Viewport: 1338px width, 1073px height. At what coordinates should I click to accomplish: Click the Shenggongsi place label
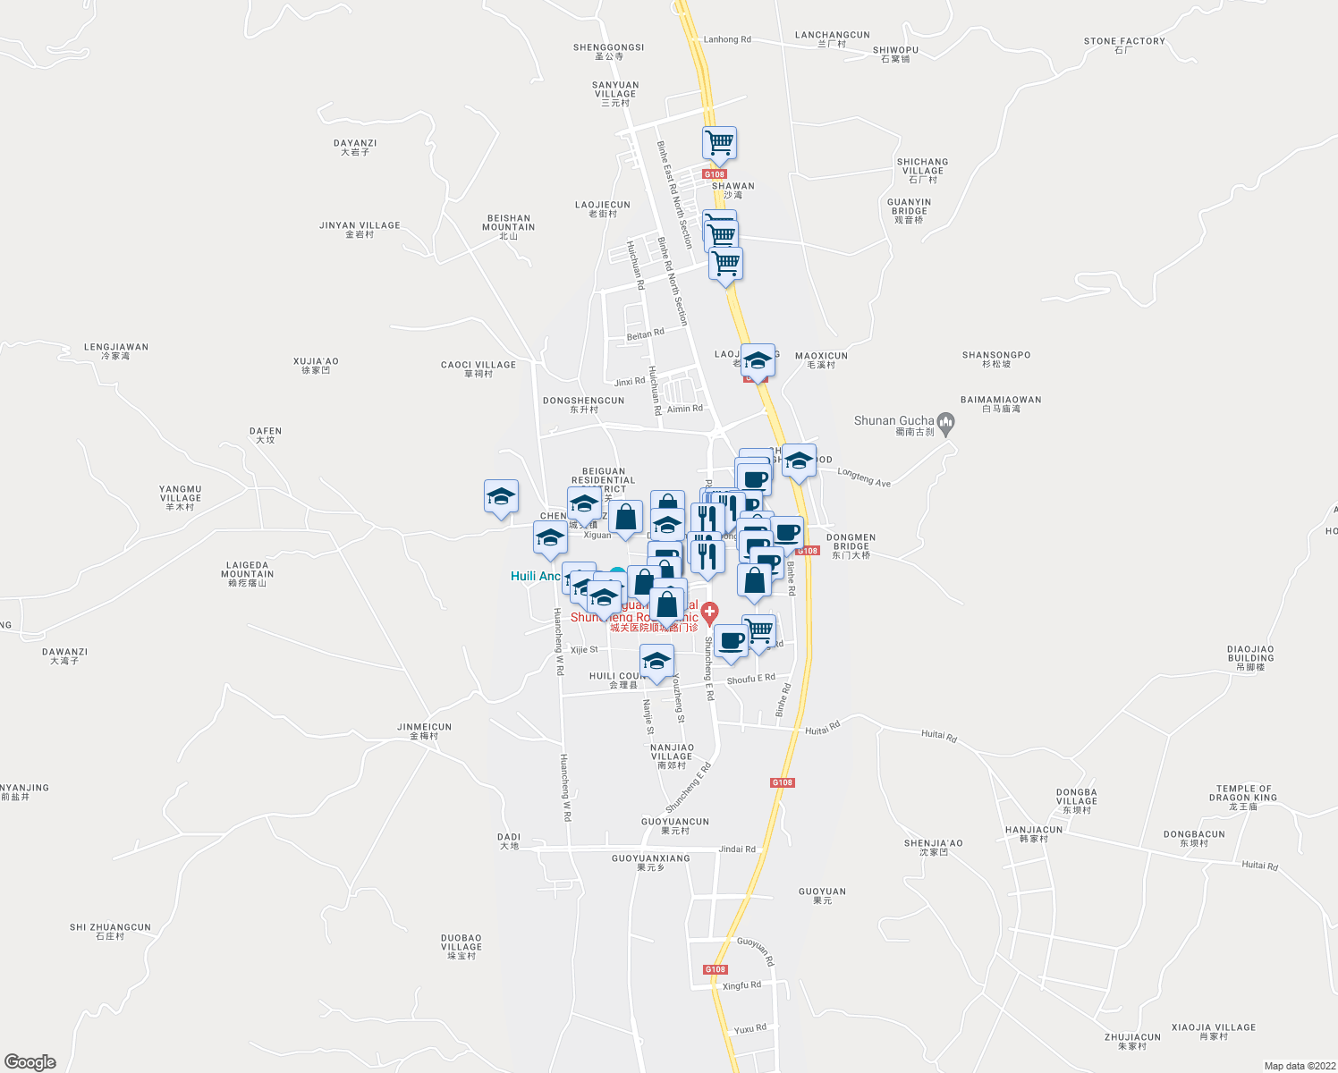(x=608, y=51)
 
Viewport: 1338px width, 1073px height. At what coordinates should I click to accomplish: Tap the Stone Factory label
(x=1124, y=45)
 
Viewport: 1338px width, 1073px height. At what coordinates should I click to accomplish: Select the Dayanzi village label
(x=355, y=147)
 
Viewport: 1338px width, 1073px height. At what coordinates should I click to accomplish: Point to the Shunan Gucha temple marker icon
(x=947, y=421)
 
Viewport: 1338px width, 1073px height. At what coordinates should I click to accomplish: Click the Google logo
(x=30, y=1061)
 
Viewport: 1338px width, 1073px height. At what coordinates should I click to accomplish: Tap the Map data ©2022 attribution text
(x=1298, y=1066)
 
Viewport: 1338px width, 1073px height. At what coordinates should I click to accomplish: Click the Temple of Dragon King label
(x=1243, y=798)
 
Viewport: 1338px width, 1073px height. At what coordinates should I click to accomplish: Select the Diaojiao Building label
(x=1249, y=657)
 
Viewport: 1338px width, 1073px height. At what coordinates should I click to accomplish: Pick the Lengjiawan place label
(x=116, y=351)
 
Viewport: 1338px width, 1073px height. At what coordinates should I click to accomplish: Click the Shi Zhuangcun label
(x=110, y=931)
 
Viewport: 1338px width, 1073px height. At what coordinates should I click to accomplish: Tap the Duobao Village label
(x=462, y=946)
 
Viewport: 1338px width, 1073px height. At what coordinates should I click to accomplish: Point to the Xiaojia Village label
(x=1214, y=1031)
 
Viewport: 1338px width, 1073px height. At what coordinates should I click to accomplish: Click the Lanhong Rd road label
(x=727, y=39)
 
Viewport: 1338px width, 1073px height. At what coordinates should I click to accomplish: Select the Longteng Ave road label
(x=864, y=478)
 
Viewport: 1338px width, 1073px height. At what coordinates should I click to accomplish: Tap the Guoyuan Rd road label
(x=756, y=950)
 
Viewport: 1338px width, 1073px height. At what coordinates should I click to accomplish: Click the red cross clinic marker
(x=709, y=613)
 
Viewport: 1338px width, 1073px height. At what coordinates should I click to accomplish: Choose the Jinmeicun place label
(x=424, y=731)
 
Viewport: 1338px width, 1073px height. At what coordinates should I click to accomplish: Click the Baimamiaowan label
(x=1000, y=403)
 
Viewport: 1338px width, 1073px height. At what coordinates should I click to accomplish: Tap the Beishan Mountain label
(x=508, y=226)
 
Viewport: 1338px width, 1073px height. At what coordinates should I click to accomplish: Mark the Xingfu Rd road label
(x=741, y=985)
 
